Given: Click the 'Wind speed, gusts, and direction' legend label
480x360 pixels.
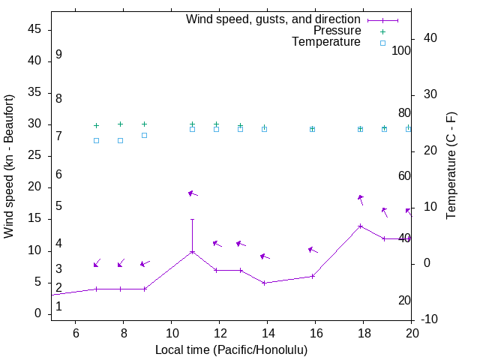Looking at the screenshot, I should click(x=274, y=19).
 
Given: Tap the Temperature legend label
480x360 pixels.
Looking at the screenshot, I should click(x=326, y=42).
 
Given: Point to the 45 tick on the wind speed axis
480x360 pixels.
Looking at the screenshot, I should click(x=33, y=30).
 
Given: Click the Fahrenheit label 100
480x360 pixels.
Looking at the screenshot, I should click(x=402, y=50).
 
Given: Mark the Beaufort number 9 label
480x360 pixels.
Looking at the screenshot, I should click(x=58, y=55).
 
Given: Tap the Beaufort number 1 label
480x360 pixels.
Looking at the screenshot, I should click(x=58, y=305).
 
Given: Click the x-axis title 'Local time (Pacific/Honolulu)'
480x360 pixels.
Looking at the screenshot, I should click(x=231, y=350).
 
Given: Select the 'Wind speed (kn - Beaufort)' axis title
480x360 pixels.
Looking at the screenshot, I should click(x=9, y=166).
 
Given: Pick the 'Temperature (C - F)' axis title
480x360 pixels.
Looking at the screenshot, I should click(x=451, y=166).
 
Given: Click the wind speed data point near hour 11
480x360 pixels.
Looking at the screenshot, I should click(x=193, y=251).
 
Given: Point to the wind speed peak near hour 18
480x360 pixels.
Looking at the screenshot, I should click(x=361, y=226).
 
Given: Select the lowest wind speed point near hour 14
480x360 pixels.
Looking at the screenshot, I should click(x=265, y=283).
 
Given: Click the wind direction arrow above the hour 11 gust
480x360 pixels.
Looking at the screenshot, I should click(x=193, y=193).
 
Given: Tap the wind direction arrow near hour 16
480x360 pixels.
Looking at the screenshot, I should click(x=313, y=250).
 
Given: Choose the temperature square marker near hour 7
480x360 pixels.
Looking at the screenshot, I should click(x=97, y=140).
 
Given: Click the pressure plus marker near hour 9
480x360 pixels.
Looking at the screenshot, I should click(x=145, y=124).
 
